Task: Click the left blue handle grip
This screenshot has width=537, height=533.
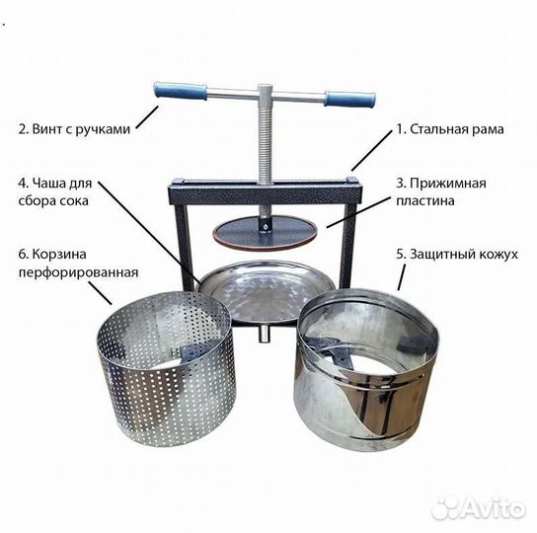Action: [x=181, y=91]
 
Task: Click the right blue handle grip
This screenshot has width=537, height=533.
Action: [x=350, y=99]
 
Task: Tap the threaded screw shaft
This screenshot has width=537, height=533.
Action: [x=265, y=148]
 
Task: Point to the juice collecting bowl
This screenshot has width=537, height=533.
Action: [x=259, y=292]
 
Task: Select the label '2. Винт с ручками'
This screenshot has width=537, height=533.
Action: [x=74, y=128]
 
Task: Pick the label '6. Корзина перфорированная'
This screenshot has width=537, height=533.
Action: [x=76, y=263]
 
